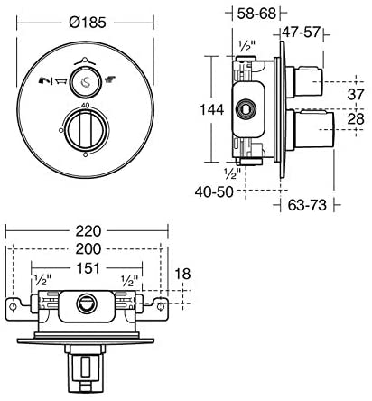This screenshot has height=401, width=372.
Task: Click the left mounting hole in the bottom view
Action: coord(13,310)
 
